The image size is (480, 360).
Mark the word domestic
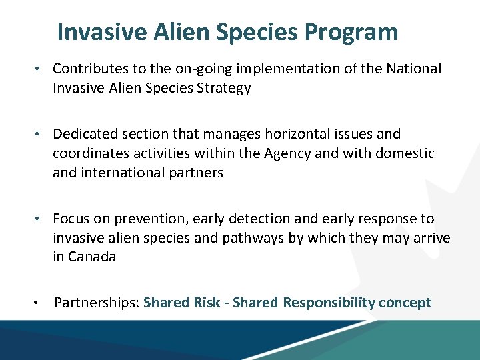click(403, 154)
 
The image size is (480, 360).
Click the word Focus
click(71, 219)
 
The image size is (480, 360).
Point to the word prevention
click(143, 219)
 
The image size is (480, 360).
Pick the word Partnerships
click(96, 303)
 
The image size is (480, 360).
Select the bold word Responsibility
click(329, 303)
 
